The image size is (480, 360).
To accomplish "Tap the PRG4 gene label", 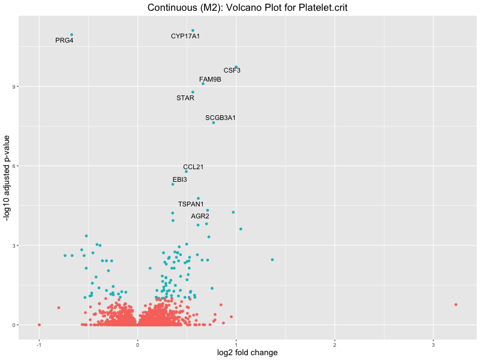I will coord(64,41).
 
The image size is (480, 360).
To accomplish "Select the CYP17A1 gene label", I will coord(185,37).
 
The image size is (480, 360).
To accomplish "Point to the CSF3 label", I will coord(232,71).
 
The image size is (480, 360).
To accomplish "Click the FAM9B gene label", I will coord(210,80).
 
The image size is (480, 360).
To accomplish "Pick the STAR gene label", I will coord(185,98).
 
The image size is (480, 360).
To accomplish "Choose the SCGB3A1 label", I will coord(220,118).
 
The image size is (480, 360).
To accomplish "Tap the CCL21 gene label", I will coord(193,167).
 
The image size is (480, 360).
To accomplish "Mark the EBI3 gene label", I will coord(180,180).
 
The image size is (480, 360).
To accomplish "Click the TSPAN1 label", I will coord(191,205).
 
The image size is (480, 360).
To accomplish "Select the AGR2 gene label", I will coord(200,216).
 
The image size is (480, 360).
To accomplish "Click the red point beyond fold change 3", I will coord(456,305).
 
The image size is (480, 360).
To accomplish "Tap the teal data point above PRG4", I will coord(71,35).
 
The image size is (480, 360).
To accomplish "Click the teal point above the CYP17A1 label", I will coord(193,31).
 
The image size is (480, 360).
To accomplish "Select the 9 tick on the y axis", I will coord(13,86).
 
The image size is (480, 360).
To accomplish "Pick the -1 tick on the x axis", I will coord(39,345).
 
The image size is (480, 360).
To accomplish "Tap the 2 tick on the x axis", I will coord(335,345).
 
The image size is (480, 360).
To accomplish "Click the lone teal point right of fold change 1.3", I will coord(272,260).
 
